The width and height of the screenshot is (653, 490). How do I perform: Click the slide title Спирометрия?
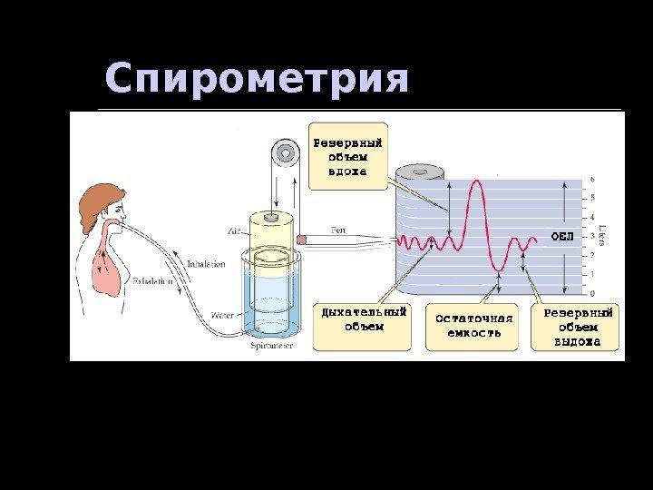pos(257,80)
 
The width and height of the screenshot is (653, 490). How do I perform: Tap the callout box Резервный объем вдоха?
pos(347,156)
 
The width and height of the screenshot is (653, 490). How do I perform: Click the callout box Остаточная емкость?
pos(473,326)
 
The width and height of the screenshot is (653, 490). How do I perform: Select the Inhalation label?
pos(206,264)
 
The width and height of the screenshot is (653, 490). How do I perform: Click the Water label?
pos(222,316)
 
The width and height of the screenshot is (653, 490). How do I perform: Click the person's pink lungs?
pos(107,270)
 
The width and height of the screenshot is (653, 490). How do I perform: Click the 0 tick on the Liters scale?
pos(592,293)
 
